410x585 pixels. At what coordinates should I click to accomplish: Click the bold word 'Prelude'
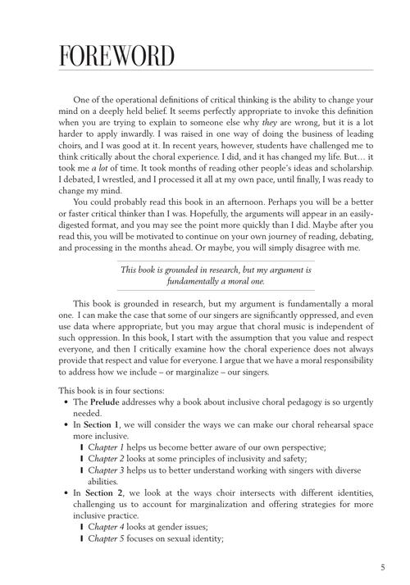pyautogui.click(x=107, y=402)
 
